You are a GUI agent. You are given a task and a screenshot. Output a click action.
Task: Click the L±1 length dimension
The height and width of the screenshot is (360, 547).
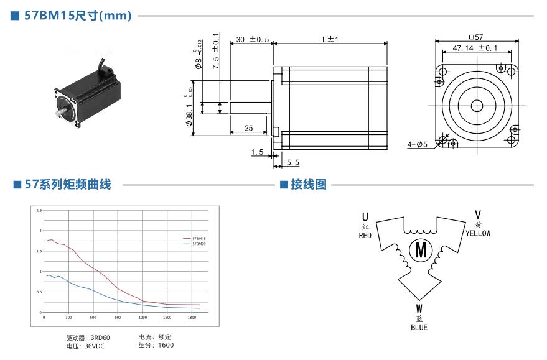330,40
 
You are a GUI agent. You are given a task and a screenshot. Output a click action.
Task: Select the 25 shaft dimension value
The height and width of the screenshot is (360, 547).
248,128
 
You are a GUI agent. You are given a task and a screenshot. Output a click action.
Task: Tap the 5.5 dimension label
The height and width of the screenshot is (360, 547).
294,162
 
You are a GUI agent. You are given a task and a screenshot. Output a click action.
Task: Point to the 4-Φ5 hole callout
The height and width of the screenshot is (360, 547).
417,145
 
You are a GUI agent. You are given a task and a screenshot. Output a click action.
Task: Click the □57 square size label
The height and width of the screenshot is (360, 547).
476,37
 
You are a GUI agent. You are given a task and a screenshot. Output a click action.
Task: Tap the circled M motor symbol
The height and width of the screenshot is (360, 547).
421,251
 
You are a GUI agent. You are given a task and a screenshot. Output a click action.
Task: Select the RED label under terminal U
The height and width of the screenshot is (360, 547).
365,236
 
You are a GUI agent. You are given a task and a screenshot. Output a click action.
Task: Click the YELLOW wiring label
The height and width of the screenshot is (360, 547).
478,233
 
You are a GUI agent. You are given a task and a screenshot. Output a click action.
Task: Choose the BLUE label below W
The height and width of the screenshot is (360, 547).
419,327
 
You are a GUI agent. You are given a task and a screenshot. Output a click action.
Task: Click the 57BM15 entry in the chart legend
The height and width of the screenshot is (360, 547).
199,239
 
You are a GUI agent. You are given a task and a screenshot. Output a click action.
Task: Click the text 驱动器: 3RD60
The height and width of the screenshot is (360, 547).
88,338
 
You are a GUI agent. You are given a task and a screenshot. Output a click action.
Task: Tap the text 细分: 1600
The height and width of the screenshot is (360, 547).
156,345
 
